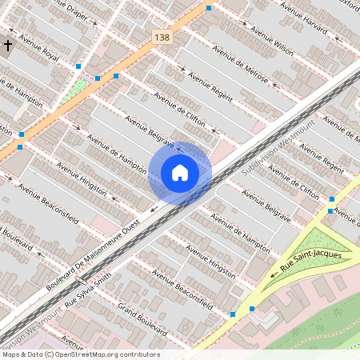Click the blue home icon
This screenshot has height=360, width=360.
pos(180,172)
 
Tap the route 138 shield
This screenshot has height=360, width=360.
pos(162,38)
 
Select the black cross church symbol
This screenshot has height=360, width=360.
pos(8,46)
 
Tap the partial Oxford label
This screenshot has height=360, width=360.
pos(350,3)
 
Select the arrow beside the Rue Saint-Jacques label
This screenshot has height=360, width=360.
pos(276,273)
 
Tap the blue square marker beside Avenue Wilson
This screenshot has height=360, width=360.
pos(209,8)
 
